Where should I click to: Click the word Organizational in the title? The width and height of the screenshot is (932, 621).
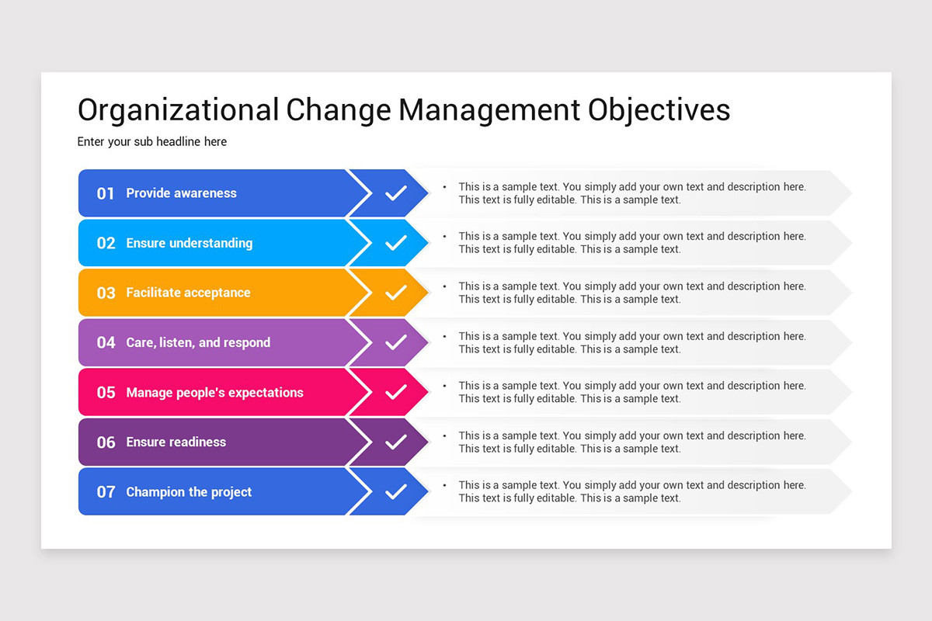click(178, 111)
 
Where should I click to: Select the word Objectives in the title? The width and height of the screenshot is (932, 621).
click(659, 111)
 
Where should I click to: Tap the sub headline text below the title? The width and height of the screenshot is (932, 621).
click(152, 142)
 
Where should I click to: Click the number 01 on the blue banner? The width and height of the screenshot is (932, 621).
click(106, 193)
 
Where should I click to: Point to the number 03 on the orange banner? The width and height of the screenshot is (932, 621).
click(106, 293)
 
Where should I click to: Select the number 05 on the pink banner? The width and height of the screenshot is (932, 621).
click(106, 392)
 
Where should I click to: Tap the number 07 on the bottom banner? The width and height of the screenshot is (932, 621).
click(106, 492)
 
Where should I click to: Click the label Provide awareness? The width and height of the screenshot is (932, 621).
click(182, 193)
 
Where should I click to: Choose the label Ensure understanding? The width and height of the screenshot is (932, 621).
click(190, 243)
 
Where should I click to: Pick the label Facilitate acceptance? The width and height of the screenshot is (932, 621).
click(188, 293)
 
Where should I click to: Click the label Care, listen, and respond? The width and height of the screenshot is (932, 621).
click(198, 342)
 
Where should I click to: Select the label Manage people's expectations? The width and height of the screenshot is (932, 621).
click(214, 392)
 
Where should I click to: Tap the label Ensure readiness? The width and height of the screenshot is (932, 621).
click(176, 442)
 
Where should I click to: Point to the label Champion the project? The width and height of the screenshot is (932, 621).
click(189, 492)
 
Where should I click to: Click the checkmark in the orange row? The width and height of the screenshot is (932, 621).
click(395, 293)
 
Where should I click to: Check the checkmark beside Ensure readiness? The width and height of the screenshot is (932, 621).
click(395, 442)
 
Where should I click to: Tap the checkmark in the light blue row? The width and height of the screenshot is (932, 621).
click(395, 243)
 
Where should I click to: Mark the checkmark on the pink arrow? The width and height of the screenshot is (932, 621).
click(395, 392)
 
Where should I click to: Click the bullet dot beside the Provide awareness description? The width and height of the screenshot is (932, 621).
click(445, 187)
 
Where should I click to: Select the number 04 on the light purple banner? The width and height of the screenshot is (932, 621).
click(106, 343)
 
